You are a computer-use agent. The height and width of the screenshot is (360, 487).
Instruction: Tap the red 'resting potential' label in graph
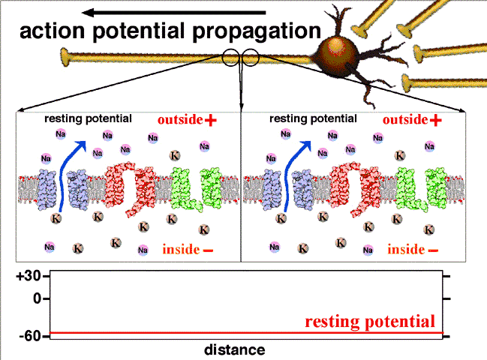tap(370, 322)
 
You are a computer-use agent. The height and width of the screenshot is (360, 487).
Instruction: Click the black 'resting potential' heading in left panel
tap(89, 118)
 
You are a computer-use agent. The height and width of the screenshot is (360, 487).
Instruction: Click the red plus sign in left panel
tap(211, 120)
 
